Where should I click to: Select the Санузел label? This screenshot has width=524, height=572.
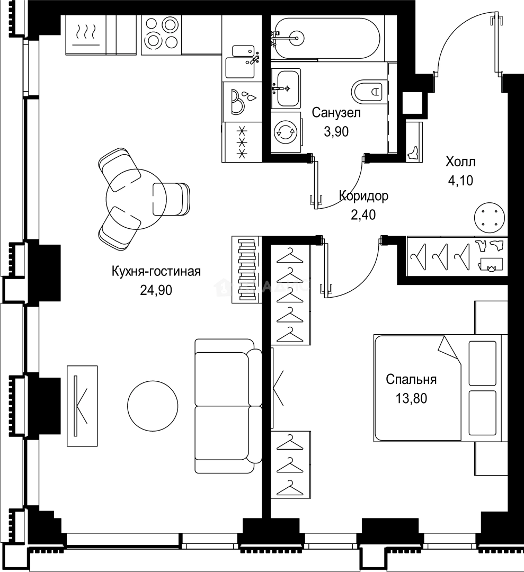click(336, 113)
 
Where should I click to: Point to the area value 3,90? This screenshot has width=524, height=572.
click(336, 131)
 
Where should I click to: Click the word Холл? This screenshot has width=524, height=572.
click(460, 162)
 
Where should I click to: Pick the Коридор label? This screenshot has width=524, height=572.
click(363, 196)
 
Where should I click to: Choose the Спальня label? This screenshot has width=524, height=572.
click(411, 379)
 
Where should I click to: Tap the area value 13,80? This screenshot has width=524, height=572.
click(411, 398)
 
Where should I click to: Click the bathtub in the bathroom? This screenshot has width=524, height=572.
click(325, 38)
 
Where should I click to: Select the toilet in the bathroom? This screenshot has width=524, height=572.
click(369, 91)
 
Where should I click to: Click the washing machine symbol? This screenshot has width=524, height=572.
click(286, 132)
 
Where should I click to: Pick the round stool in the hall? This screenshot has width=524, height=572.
click(489, 217)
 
